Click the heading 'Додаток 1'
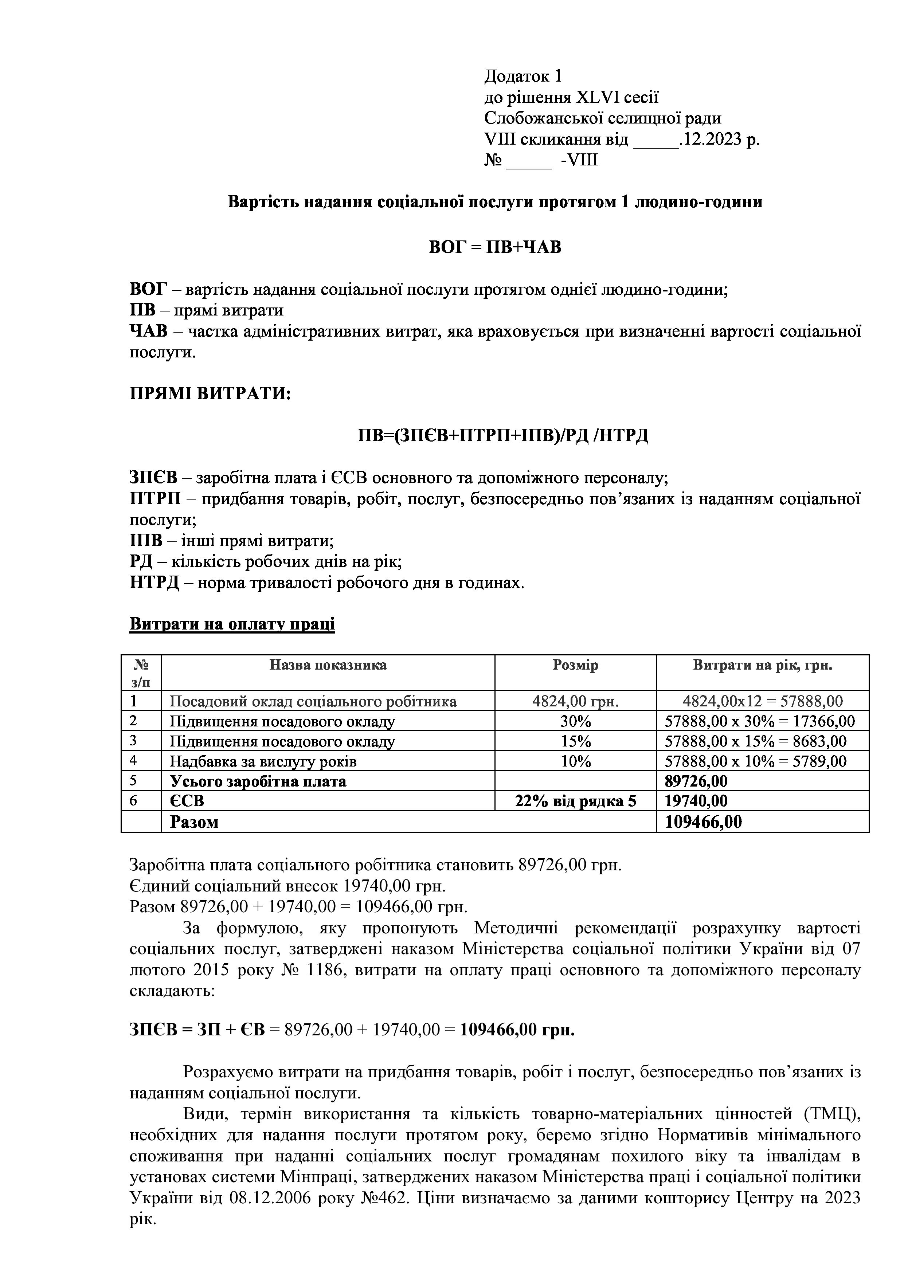click(523, 76)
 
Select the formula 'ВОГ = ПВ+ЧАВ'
click(495, 247)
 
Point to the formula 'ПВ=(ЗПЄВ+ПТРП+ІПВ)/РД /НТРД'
click(503, 435)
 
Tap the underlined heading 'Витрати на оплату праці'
click(232, 624)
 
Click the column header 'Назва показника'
click(328, 665)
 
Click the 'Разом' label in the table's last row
click(194, 822)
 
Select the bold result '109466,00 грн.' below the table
click(517, 1030)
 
